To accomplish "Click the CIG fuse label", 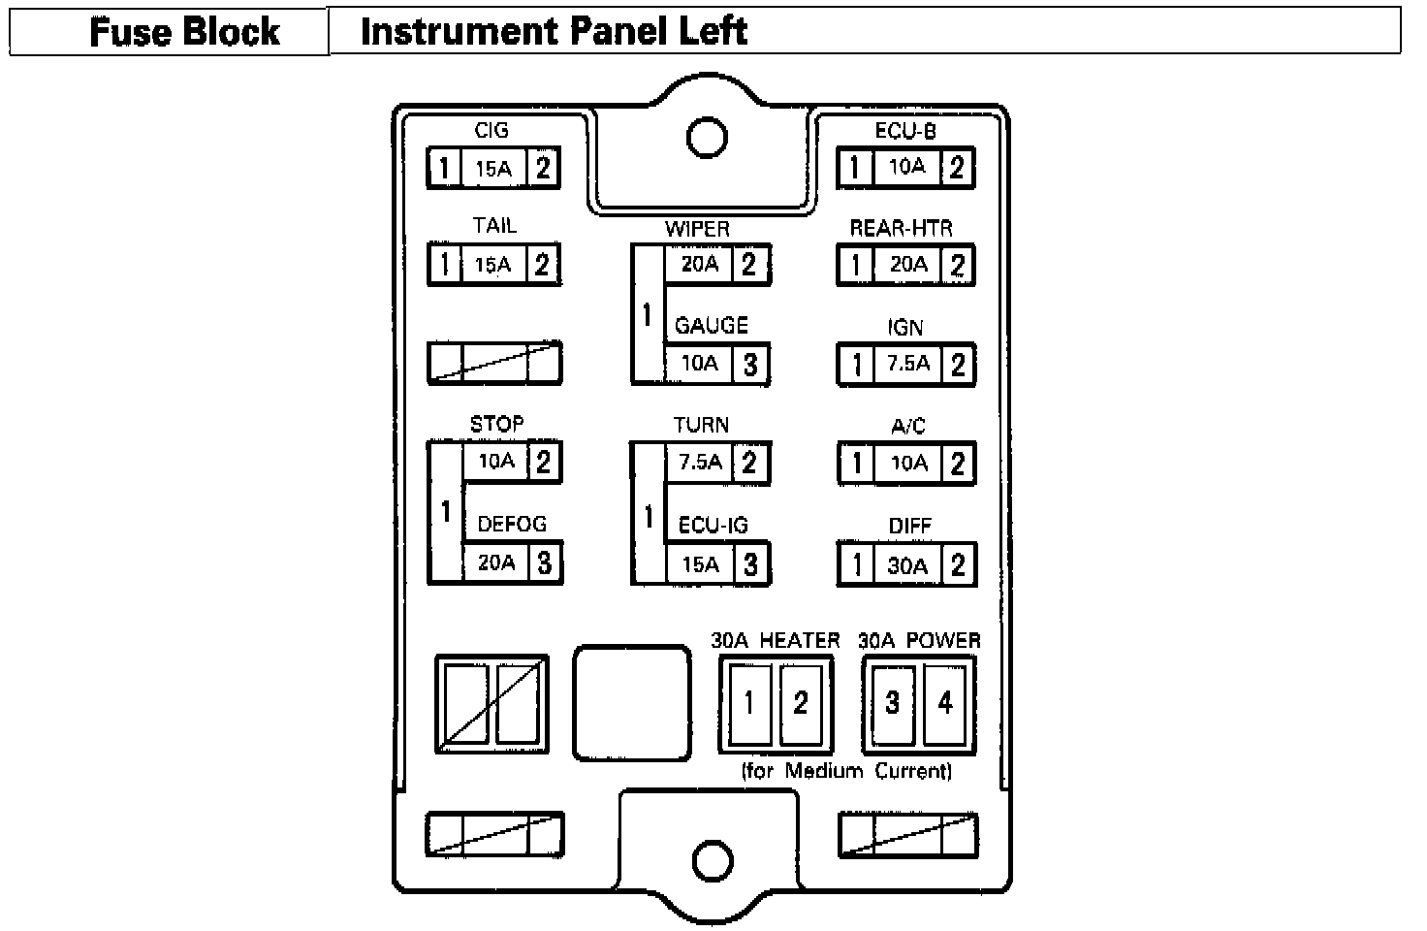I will pyautogui.click(x=492, y=130).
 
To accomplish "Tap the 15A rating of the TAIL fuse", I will pyautogui.click(x=492, y=265).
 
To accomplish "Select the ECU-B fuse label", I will pyautogui.click(x=905, y=130).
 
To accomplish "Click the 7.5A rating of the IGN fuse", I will pyautogui.click(x=908, y=364).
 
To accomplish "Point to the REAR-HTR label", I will pyautogui.click(x=901, y=228).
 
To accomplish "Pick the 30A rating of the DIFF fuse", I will pyautogui.click(x=907, y=565).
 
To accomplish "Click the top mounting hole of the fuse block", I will pyautogui.click(x=707, y=137).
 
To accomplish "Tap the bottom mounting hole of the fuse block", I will pyautogui.click(x=713, y=859).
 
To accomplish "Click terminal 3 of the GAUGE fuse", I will pyautogui.click(x=750, y=365).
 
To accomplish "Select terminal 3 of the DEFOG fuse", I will pyautogui.click(x=545, y=562).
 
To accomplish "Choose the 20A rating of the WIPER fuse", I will pyautogui.click(x=699, y=264).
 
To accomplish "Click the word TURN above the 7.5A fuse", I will pyautogui.click(x=701, y=425).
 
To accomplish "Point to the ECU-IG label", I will pyautogui.click(x=713, y=525).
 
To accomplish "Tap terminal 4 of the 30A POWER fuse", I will pyautogui.click(x=945, y=702).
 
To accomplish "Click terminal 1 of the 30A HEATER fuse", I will pyautogui.click(x=749, y=702).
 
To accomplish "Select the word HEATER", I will pyautogui.click(x=800, y=640).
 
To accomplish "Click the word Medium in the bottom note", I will pyautogui.click(x=824, y=771).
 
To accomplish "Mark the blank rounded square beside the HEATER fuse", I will pyautogui.click(x=631, y=702).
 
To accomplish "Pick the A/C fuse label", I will pyautogui.click(x=908, y=426).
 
